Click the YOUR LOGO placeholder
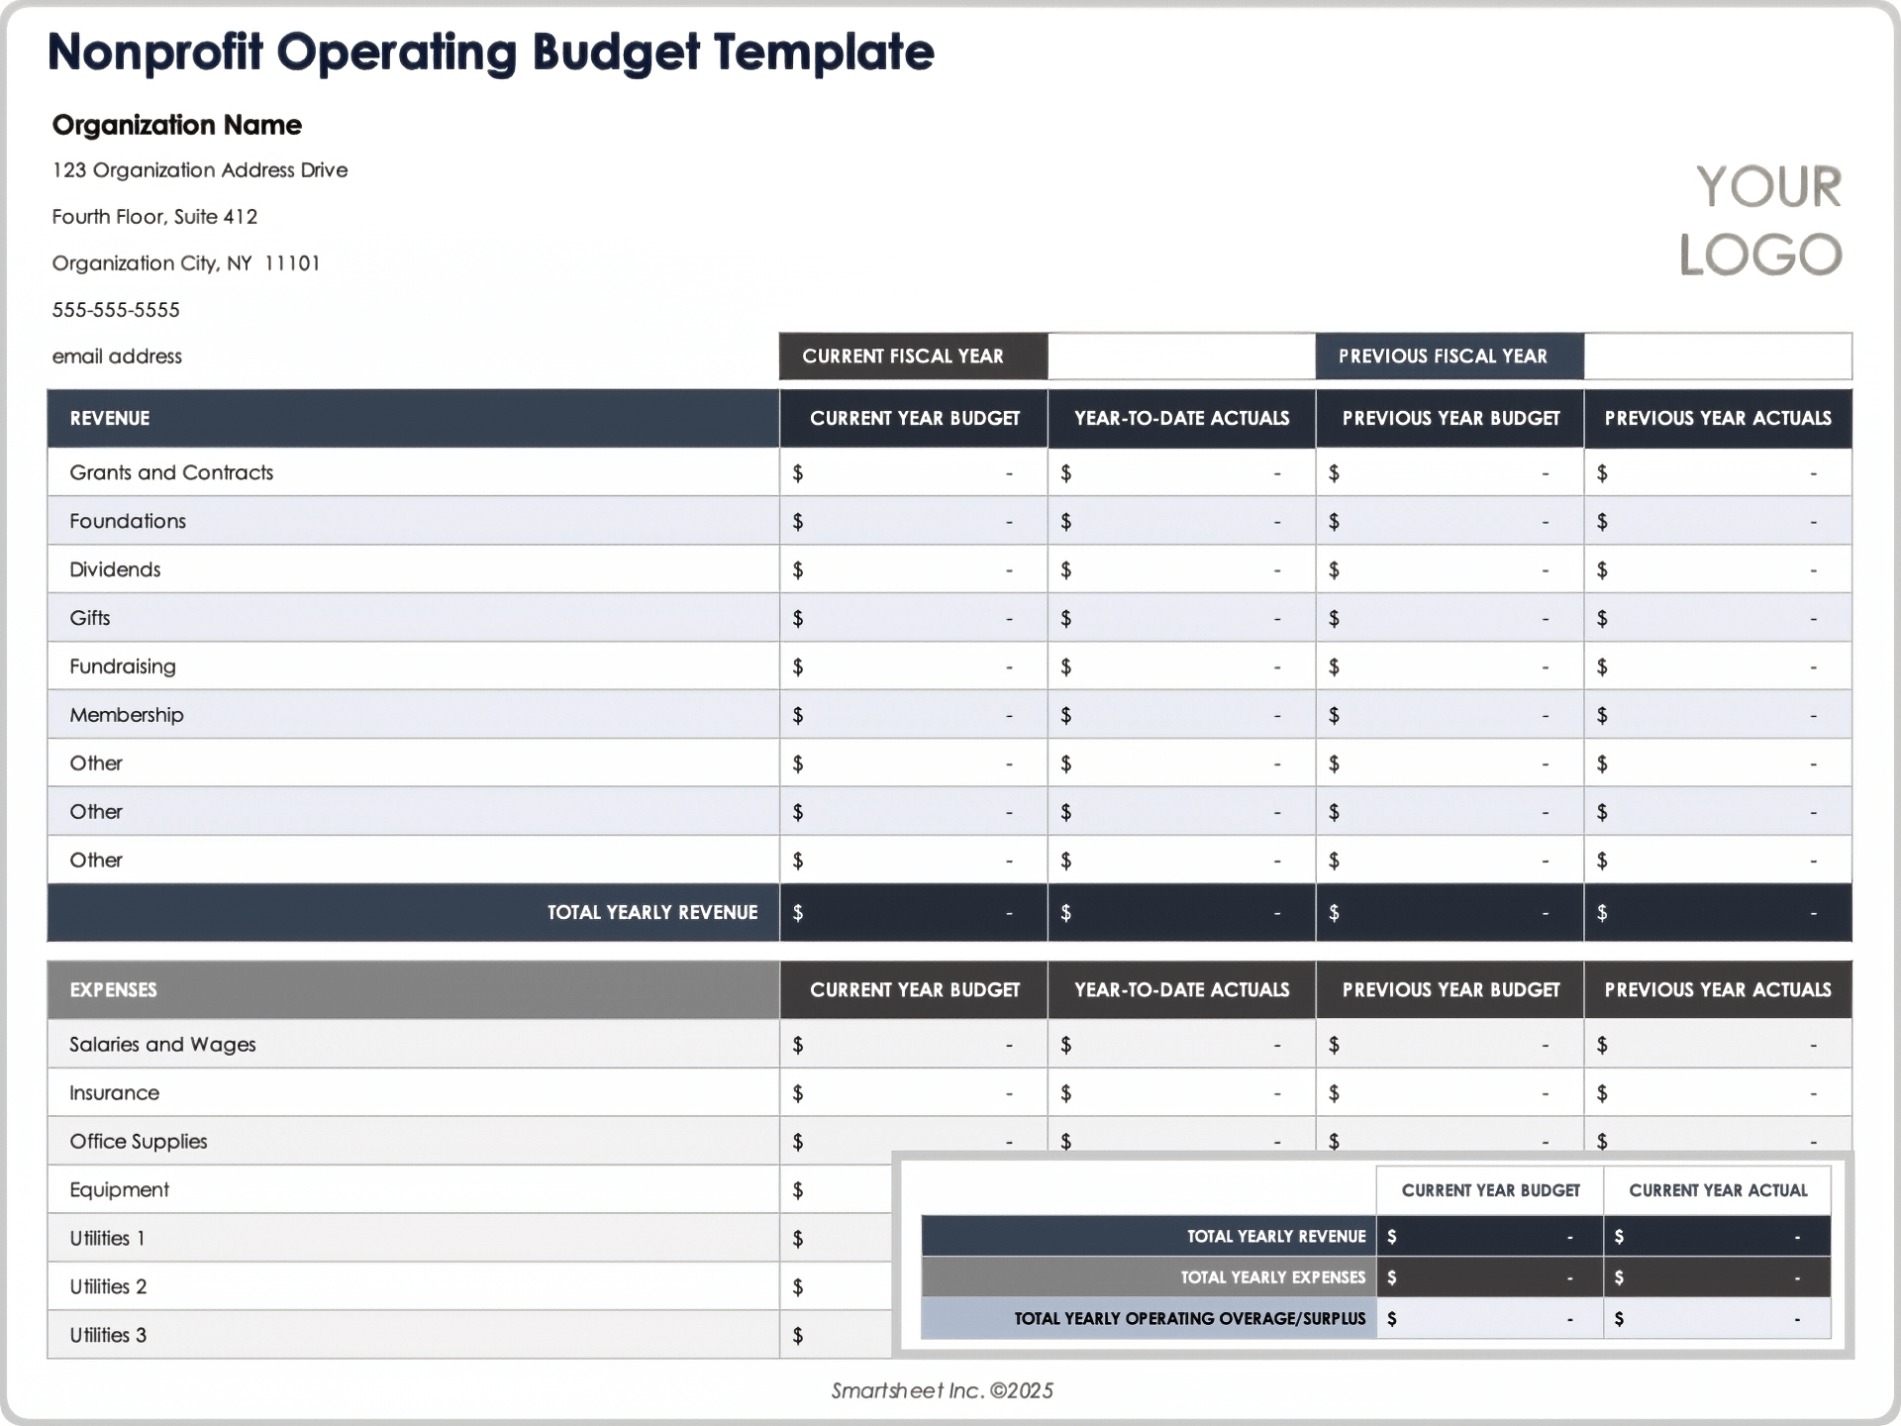coord(1760,220)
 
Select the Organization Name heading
coord(177,125)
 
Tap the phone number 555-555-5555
coord(116,310)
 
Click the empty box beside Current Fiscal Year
coord(1181,356)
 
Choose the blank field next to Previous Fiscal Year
coord(1717,356)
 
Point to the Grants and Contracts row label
coord(171,472)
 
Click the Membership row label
coord(127,715)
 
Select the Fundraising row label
coord(123,666)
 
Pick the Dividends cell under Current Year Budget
coord(913,569)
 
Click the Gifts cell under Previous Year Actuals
coord(1717,618)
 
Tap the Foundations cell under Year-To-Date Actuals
coord(1181,521)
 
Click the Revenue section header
coord(110,418)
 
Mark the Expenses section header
coord(114,990)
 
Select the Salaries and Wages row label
coord(162,1045)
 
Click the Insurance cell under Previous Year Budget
coord(1450,1093)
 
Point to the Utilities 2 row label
coord(108,1286)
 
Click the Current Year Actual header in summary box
coord(1718,1190)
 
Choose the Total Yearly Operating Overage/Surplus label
coord(1189,1318)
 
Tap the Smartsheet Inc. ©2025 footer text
coord(942,1390)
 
